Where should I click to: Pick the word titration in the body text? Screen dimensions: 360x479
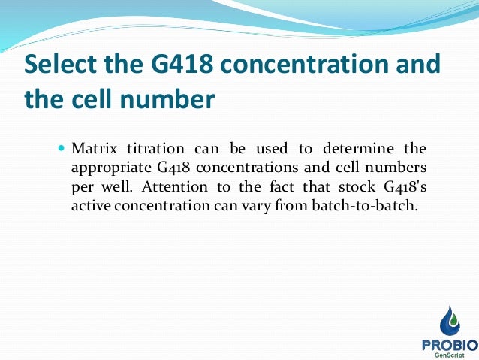tap(150, 147)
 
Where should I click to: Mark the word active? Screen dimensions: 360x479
tap(89, 205)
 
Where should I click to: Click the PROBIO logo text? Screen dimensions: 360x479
tap(448, 343)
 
